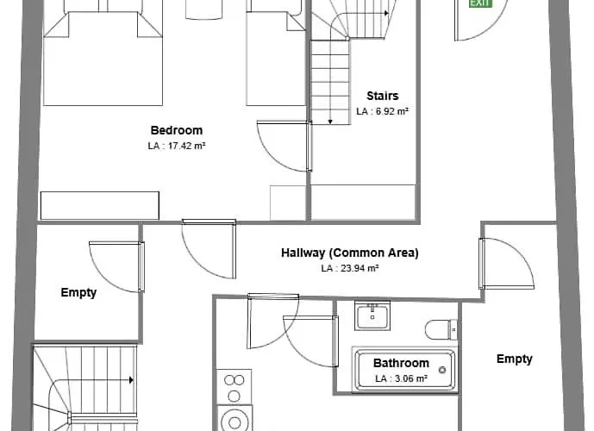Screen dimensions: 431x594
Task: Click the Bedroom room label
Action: [x=177, y=130]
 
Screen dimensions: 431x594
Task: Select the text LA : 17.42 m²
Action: [x=177, y=146]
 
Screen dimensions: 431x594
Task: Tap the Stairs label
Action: [x=382, y=96]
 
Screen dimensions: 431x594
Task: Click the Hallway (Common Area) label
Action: [x=349, y=253]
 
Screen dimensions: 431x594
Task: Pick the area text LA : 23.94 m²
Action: [x=350, y=268]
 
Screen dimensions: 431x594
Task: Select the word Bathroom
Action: [x=401, y=364]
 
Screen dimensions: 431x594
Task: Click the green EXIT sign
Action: [x=479, y=3]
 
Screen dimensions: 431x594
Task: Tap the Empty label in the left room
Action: [x=78, y=292]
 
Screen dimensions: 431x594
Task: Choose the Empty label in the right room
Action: [x=514, y=359]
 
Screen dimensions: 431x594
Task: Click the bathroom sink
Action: [x=372, y=315]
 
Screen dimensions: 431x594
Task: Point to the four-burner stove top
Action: [x=234, y=386]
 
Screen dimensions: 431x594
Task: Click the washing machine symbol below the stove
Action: [x=234, y=420]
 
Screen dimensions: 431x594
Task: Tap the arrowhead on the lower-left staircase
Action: [x=130, y=379]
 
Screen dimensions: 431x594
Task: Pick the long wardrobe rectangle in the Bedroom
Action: [x=100, y=205]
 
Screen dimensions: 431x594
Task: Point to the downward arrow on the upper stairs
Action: [x=330, y=121]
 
